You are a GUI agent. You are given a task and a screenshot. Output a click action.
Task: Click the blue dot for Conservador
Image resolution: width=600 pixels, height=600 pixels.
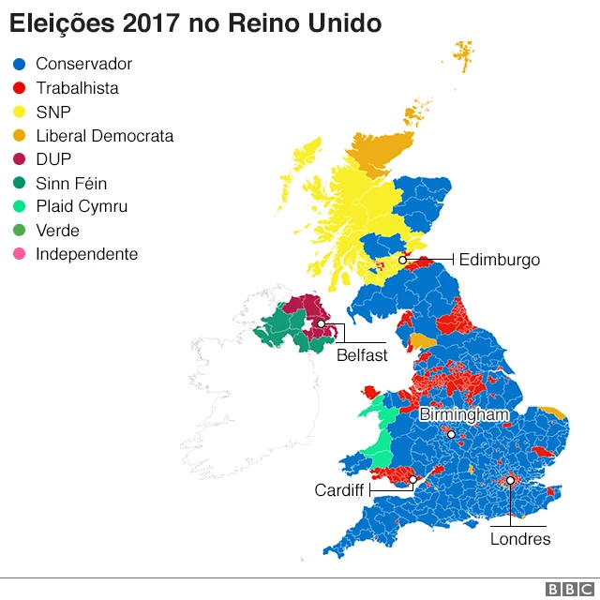pos(18,65)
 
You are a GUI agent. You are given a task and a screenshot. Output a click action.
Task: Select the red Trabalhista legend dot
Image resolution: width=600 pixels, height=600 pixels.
pos(18,88)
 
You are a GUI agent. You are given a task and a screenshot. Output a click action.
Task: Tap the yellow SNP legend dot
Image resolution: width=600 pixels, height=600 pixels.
pos(18,112)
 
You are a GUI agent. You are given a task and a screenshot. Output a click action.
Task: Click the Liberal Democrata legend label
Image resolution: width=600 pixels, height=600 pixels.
pos(104,136)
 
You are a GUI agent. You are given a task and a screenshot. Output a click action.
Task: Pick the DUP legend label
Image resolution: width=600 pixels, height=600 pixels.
pos(53,159)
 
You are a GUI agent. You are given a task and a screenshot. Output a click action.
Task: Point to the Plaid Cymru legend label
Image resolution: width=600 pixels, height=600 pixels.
pos(82,207)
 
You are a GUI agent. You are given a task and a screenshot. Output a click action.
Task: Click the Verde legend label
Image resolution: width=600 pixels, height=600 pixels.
pos(57,231)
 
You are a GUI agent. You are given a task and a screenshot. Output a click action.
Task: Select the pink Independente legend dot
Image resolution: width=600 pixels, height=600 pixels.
pos(18,255)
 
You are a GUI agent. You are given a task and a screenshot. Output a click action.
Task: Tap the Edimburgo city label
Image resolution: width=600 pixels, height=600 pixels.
pos(499,260)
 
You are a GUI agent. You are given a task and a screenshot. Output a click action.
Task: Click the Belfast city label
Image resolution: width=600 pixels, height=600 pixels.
pos(362,355)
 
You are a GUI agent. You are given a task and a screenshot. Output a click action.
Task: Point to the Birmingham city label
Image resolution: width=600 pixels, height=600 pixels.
pos(464,414)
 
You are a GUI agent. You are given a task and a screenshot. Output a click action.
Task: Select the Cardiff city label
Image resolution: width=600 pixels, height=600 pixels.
pos(338,490)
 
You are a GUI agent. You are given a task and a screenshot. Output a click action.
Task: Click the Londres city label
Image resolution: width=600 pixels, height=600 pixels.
pos(520,539)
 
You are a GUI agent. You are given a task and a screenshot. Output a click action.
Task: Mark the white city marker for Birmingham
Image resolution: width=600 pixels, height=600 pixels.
pos(451,434)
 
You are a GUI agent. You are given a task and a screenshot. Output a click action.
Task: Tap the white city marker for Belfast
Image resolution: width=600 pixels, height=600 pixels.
pos(321,323)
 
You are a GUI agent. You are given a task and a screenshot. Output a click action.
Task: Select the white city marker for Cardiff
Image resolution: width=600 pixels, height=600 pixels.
pos(412,479)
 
